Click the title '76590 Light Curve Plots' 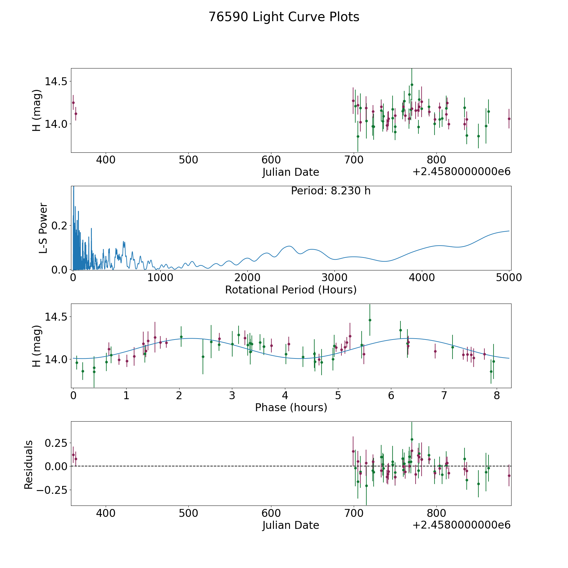point(284,17)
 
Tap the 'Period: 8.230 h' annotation point(330,191)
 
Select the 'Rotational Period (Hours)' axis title point(291,290)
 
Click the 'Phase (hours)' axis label point(291,407)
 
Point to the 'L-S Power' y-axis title point(43,228)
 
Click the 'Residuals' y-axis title point(29,465)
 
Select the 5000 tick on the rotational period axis point(509,278)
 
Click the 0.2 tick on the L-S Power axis point(60,226)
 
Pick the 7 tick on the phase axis point(444,395)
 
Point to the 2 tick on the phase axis point(179,395)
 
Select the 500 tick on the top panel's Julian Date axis point(188,160)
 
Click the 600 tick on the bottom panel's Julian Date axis point(271,513)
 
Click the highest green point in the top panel point(411,85)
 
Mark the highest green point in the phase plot point(370,320)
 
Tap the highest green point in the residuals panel point(411,439)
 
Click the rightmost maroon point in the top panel point(509,119)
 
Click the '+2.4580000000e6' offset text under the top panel point(461,172)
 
